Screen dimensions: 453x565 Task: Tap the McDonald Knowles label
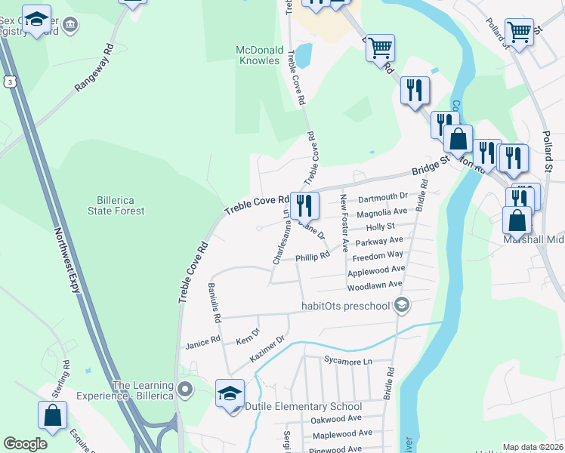coord(258,55)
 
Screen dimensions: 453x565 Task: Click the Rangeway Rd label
coord(94,68)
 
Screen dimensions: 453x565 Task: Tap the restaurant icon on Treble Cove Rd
coord(304,205)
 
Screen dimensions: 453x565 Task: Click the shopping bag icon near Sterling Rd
coord(52,416)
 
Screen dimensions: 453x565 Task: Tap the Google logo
coord(25,444)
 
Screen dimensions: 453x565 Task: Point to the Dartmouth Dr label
coord(383,198)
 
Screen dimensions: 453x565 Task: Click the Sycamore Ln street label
coord(347,362)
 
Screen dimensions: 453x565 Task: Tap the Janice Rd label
coord(202,341)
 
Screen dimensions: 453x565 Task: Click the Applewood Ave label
coord(376,270)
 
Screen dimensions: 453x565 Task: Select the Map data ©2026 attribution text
coord(532,447)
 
